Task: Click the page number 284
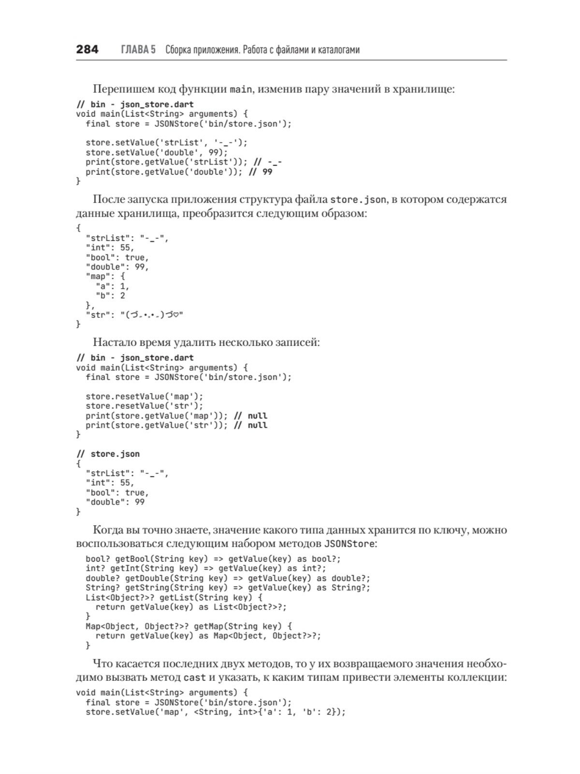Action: click(x=87, y=49)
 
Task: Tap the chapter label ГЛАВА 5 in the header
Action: click(x=138, y=50)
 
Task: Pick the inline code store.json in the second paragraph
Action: click(x=358, y=200)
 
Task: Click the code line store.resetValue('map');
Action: click(x=145, y=396)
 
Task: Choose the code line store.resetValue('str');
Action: click(x=145, y=406)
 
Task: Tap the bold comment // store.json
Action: click(x=108, y=454)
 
